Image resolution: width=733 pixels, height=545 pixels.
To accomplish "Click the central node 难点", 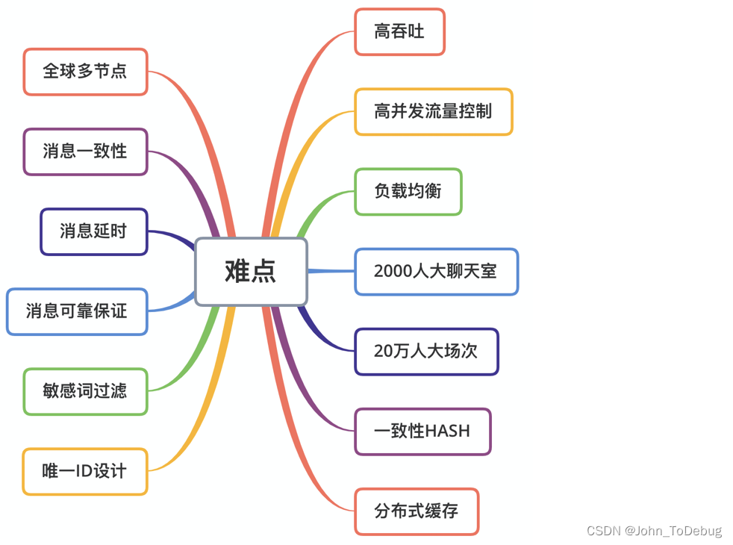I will coord(251,271).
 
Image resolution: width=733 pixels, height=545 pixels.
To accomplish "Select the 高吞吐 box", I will coord(399,31).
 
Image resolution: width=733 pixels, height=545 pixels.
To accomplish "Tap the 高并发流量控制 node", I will coord(433,112).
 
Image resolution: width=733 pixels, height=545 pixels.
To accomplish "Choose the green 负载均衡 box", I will coord(408,192).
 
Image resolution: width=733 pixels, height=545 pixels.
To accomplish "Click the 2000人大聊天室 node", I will coord(436,272).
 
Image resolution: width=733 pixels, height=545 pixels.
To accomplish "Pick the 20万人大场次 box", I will coord(425,352).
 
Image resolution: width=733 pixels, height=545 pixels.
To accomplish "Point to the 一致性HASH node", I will coord(422,432).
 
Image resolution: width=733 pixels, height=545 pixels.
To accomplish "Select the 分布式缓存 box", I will coord(416,511).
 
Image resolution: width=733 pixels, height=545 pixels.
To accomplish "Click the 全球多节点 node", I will coord(85,72).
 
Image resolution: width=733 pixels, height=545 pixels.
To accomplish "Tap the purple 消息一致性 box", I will coord(85,152).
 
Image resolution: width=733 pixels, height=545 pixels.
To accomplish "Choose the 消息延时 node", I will coord(93,231).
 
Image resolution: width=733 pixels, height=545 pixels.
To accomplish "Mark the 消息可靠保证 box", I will coord(77,311).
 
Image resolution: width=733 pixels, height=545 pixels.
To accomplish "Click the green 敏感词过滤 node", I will coord(85,391).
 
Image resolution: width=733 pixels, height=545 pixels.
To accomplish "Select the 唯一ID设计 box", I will coord(85,471).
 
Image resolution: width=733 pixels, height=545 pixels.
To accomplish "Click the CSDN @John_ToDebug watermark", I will coord(654,531).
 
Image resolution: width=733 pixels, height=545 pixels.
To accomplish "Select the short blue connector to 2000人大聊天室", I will coord(331,271).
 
